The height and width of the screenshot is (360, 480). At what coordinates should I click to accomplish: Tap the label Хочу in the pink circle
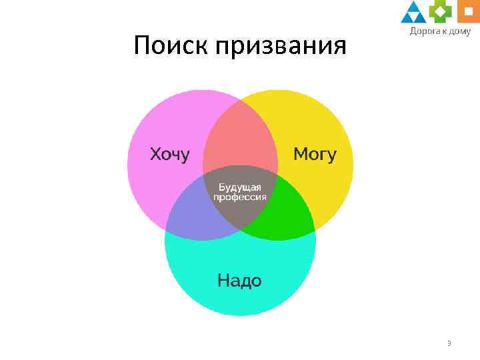click(169, 155)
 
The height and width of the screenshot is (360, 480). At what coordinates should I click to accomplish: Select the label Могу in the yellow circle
click(315, 155)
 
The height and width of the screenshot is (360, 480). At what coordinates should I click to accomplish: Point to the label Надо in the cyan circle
click(239, 281)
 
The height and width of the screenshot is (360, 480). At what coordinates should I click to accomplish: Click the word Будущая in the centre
click(240, 187)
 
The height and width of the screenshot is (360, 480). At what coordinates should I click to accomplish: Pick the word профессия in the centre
click(240, 197)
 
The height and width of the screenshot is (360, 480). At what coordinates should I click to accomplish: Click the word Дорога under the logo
click(423, 31)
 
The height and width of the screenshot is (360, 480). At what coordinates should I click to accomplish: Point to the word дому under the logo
click(461, 31)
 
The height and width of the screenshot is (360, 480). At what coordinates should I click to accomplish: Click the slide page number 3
click(449, 344)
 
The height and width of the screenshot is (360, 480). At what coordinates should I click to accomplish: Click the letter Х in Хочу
click(155, 155)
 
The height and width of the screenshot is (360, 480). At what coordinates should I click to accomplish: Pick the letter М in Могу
click(301, 155)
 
